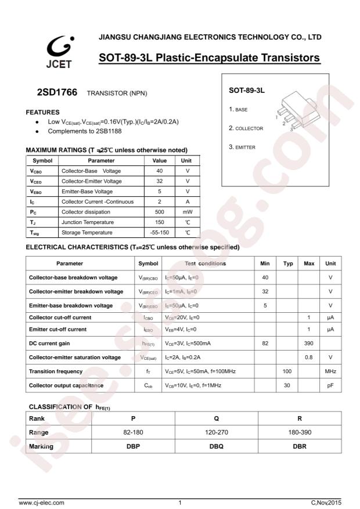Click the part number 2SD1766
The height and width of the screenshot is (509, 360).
56,92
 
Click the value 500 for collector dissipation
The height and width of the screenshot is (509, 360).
159,212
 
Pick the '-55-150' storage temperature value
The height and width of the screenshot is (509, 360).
159,233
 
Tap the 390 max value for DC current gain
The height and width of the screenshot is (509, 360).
309,343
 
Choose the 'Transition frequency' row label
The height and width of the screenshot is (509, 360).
64,371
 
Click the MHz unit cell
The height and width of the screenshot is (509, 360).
330,371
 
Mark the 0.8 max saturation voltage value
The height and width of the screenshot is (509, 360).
309,357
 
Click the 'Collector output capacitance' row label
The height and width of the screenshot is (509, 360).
66,385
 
